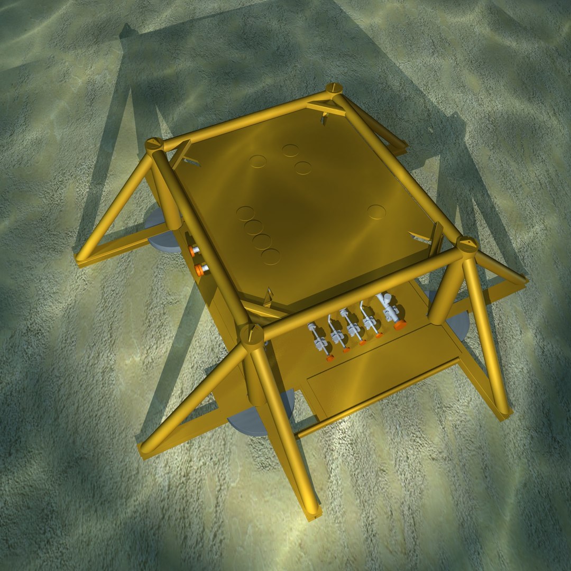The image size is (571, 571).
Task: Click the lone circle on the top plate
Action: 376,212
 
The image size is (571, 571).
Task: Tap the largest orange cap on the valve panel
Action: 400,324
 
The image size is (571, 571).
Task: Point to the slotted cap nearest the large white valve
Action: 467,244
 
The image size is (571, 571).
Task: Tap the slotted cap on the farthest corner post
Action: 334,88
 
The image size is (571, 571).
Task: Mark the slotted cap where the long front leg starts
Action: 252,334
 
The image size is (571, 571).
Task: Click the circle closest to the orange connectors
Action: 245,213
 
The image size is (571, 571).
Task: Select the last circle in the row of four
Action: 271,256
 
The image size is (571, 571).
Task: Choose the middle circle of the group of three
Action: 290,150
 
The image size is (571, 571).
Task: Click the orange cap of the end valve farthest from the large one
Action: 330,358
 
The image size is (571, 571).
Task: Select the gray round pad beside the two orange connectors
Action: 159,233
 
